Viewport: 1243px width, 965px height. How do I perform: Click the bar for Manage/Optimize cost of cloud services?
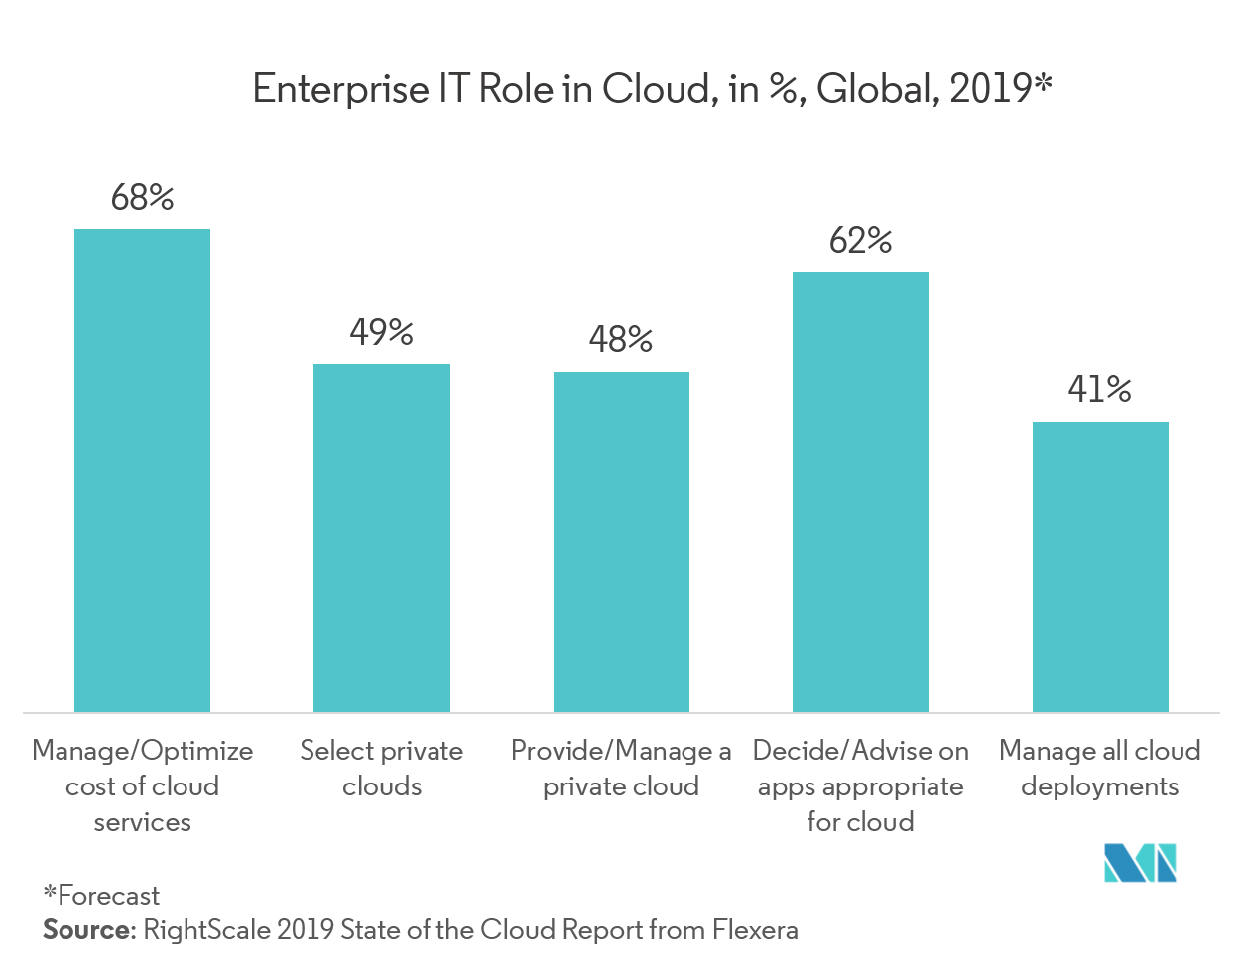pos(142,470)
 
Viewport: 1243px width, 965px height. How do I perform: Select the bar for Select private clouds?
pos(382,538)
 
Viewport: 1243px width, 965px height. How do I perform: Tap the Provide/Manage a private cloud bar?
pos(621,542)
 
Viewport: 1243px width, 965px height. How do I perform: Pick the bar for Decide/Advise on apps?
pos(860,491)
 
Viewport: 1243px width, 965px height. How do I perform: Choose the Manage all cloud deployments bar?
pos(1100,566)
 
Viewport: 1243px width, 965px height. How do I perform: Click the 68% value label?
pos(142,198)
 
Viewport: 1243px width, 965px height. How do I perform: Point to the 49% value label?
pos(382,333)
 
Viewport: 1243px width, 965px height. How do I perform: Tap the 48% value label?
pos(621,341)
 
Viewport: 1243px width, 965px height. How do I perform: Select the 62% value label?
pos(860,241)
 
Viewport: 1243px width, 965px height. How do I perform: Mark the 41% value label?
pos(1100,390)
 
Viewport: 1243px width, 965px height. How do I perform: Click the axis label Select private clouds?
pos(382,769)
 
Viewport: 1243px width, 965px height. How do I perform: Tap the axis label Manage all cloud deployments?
pos(1100,769)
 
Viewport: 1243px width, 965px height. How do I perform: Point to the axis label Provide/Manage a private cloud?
pos(621,769)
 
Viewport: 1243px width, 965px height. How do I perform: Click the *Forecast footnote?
pos(100,896)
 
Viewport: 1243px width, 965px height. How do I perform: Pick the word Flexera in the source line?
pos(755,930)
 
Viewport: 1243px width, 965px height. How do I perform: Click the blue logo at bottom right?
pos(1140,862)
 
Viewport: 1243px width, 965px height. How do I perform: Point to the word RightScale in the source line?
pos(206,930)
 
